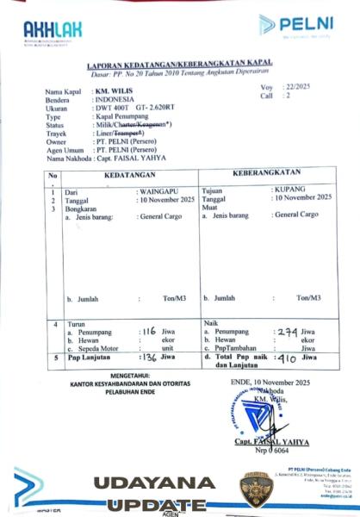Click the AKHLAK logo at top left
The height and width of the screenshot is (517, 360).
coord(53,32)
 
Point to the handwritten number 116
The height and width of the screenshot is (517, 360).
coord(150,331)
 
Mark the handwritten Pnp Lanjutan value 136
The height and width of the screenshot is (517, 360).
coord(149,357)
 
